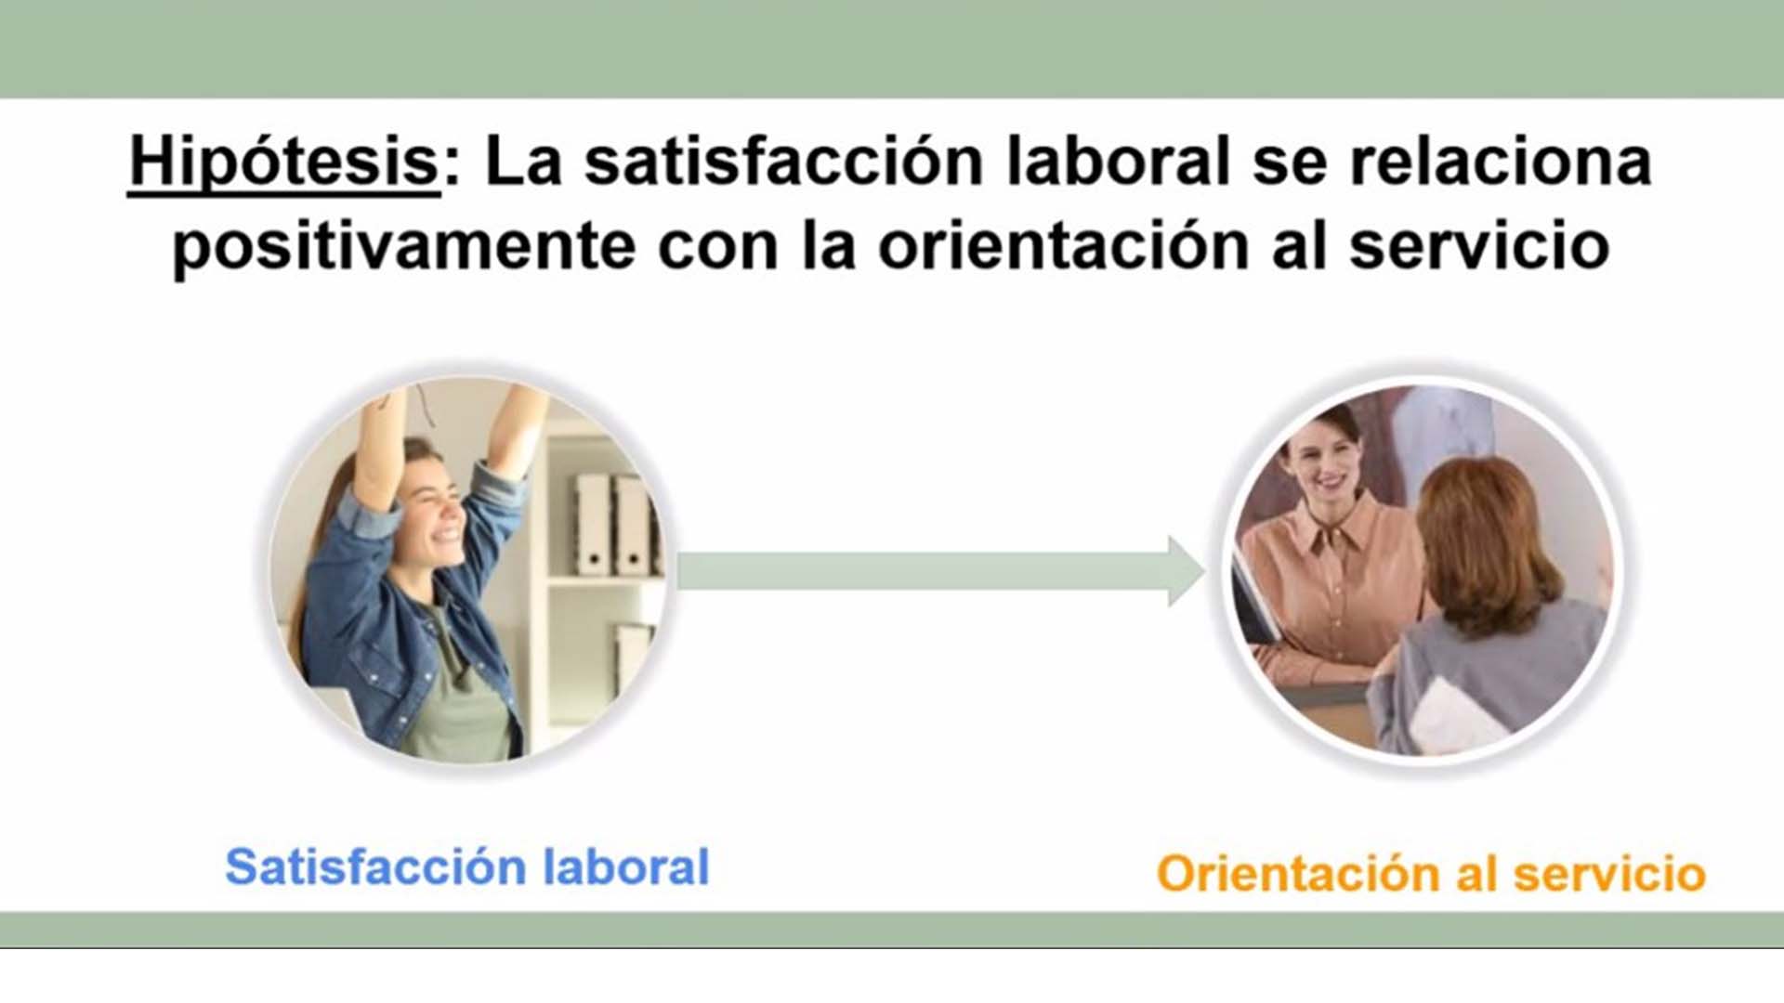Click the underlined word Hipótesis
pos(283,163)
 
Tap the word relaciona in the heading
pos(1501,162)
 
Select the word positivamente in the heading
pos(404,248)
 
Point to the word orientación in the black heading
pos(1064,246)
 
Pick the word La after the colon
pos(524,163)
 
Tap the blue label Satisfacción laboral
pos(467,866)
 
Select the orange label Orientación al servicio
pos(1431,874)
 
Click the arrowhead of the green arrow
pos(1187,571)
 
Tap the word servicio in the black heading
pos(1479,246)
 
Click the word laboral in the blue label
pos(626,866)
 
